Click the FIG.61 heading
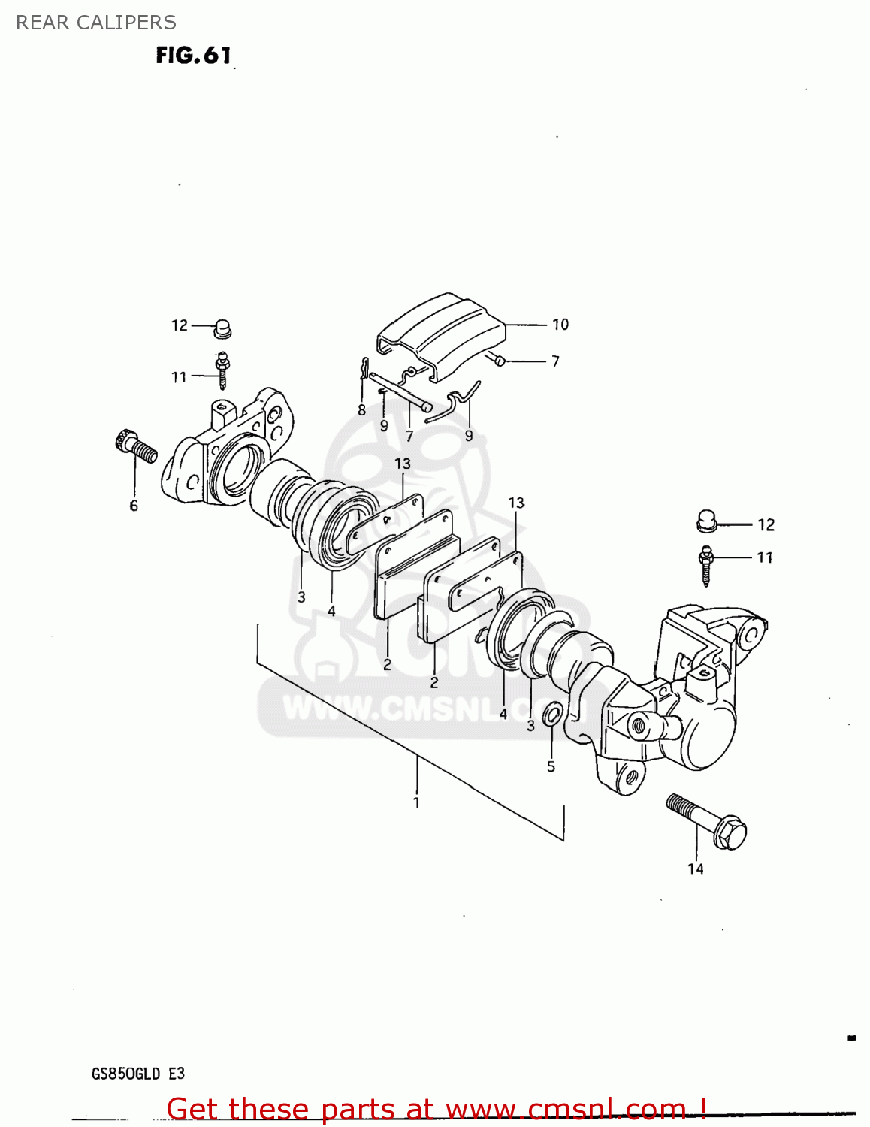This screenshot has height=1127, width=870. pos(193,56)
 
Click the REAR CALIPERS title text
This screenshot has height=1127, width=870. pos(96,23)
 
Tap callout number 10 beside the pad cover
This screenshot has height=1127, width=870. pos(560,325)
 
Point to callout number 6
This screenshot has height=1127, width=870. pos(134,506)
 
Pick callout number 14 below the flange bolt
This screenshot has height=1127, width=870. pos(696,869)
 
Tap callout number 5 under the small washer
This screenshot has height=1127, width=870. pos(551,766)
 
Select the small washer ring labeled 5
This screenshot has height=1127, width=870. pos(552,715)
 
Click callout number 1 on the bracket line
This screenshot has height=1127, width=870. pos(416,802)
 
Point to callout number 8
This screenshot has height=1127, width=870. pos(361,410)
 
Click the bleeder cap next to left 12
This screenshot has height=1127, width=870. pos(222,328)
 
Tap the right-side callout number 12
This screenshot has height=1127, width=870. pos(766,524)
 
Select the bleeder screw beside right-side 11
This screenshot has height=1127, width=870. pos(705,565)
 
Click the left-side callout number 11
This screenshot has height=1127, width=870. pos(178,377)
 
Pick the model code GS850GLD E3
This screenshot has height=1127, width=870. pos(138,1074)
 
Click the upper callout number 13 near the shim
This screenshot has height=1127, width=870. pos(403,464)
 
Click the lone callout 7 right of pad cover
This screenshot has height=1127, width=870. pos(555,361)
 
